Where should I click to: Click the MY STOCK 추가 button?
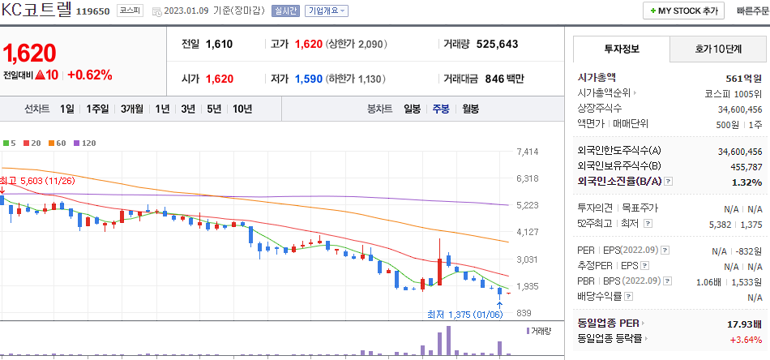683,11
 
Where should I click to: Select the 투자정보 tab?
622,49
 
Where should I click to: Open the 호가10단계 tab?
718,49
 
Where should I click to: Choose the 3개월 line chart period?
132,109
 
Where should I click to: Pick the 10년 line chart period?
242,109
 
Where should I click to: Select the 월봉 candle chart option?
470,109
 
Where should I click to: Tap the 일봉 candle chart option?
412,109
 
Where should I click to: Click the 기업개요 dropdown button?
327,11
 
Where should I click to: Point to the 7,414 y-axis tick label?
527,152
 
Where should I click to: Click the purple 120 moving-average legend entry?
85,143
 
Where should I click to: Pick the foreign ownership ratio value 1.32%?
746,182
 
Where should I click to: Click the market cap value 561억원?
744,78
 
